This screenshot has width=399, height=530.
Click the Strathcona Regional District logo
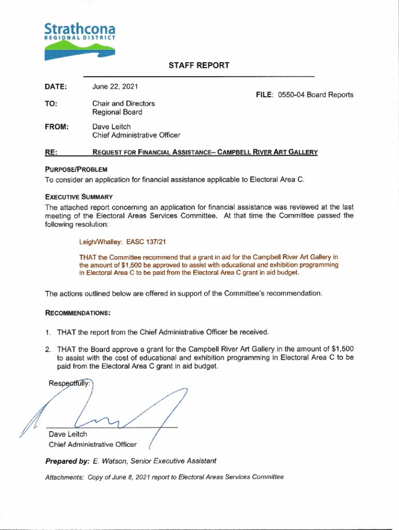pos(79,40)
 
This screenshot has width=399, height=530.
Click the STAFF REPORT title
pos(198,65)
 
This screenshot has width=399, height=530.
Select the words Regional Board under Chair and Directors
pos(117,112)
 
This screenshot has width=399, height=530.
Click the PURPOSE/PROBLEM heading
pos(76,169)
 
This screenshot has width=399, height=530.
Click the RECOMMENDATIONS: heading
pos(78,313)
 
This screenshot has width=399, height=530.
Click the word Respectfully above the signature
pos(69,384)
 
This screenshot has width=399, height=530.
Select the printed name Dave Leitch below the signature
pos(68,434)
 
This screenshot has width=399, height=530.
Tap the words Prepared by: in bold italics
pos(67,461)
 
